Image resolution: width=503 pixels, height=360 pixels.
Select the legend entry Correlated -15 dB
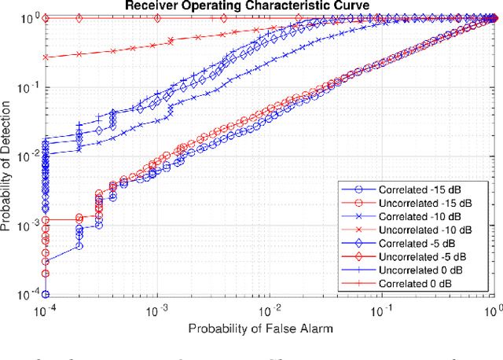pos(424,190)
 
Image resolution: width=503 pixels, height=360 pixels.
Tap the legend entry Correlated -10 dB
pos(424,216)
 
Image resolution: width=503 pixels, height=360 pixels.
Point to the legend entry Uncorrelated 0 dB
pos(425,270)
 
